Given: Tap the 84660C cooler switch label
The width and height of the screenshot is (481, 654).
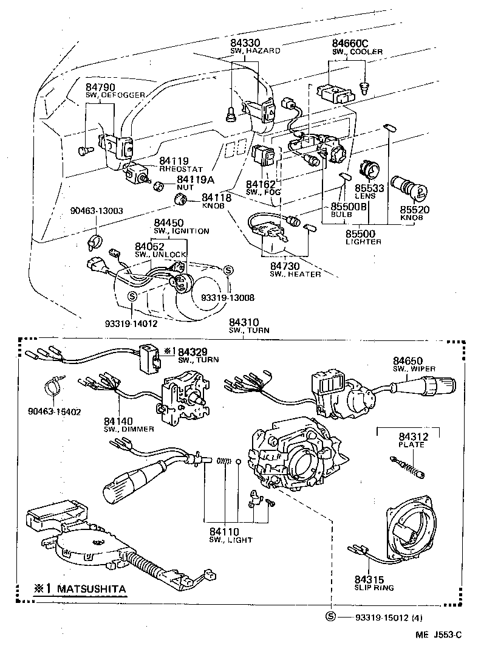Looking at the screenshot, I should click(350, 44).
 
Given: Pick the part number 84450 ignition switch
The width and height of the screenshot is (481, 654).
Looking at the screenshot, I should click(168, 223).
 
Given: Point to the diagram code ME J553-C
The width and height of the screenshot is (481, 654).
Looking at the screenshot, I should click(438, 635).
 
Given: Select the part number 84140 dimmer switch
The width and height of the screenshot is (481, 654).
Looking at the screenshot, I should click(118, 421).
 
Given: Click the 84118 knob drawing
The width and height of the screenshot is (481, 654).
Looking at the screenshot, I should click(179, 200).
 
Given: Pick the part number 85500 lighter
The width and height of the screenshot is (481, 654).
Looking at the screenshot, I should click(361, 233).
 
